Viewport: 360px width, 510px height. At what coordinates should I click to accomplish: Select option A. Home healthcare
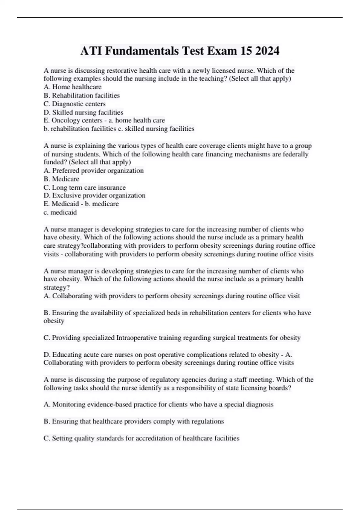click(x=73, y=87)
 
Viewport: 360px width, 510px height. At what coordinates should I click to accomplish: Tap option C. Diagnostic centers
click(x=74, y=104)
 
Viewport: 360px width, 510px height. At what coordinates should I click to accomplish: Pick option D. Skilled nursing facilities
click(x=83, y=112)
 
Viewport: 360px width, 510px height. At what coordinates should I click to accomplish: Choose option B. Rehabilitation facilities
click(x=82, y=95)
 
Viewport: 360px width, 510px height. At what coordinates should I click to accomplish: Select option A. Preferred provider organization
click(x=94, y=170)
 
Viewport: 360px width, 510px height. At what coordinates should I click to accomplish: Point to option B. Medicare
click(x=61, y=179)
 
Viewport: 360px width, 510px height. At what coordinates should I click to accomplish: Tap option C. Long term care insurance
click(x=85, y=187)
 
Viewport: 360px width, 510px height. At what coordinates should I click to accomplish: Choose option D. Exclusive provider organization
click(x=94, y=195)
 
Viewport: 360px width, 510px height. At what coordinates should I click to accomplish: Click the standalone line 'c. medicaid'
click(x=60, y=212)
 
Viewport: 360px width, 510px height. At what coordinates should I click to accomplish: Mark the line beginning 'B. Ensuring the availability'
click(x=177, y=313)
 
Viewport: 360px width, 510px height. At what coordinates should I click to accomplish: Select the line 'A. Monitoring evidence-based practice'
click(x=158, y=404)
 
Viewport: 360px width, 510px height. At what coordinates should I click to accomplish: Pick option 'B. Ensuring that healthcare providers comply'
click(x=133, y=421)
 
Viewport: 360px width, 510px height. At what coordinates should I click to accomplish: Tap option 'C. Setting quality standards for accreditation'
click(x=141, y=438)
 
